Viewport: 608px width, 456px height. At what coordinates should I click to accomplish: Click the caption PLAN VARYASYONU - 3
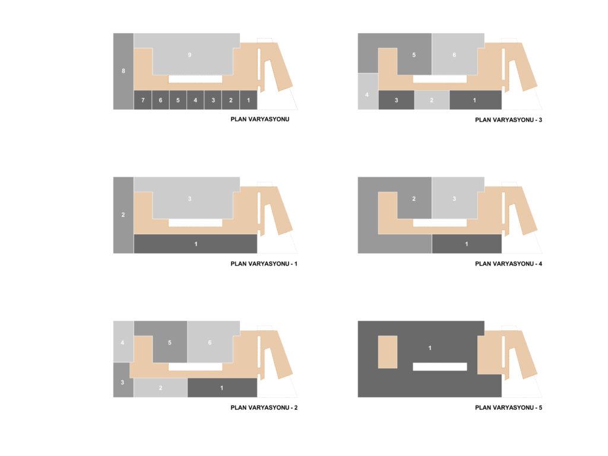pyautogui.click(x=508, y=120)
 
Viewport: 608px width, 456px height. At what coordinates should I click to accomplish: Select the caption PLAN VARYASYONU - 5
pyautogui.click(x=508, y=407)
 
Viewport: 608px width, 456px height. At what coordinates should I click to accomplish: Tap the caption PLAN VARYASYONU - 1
pyautogui.click(x=264, y=264)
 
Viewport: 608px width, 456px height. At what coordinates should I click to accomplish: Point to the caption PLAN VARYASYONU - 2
pyautogui.click(x=264, y=407)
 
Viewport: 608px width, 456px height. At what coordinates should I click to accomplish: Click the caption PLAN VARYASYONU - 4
pyautogui.click(x=508, y=264)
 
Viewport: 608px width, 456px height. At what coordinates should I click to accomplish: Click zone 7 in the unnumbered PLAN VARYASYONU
pyautogui.click(x=142, y=100)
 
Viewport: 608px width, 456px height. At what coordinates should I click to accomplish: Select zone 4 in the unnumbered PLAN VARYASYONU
pyautogui.click(x=195, y=100)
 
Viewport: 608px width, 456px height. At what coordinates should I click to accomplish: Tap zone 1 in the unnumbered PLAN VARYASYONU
pyautogui.click(x=249, y=100)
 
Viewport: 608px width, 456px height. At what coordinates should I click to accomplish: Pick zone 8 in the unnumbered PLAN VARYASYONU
pyautogui.click(x=123, y=71)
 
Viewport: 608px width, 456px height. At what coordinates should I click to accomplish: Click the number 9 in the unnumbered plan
pyautogui.click(x=189, y=55)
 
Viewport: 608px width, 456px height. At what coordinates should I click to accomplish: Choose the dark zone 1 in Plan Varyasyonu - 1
pyautogui.click(x=195, y=244)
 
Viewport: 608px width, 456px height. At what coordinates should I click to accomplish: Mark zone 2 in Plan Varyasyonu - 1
pyautogui.click(x=123, y=215)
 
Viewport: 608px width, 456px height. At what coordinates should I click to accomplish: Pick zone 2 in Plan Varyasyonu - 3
pyautogui.click(x=432, y=100)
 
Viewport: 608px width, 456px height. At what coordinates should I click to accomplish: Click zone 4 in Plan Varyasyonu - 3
pyautogui.click(x=367, y=92)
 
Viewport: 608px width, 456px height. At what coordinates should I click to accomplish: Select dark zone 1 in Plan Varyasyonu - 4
pyautogui.click(x=467, y=244)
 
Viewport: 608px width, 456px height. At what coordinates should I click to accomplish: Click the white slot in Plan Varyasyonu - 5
pyautogui.click(x=440, y=366)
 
